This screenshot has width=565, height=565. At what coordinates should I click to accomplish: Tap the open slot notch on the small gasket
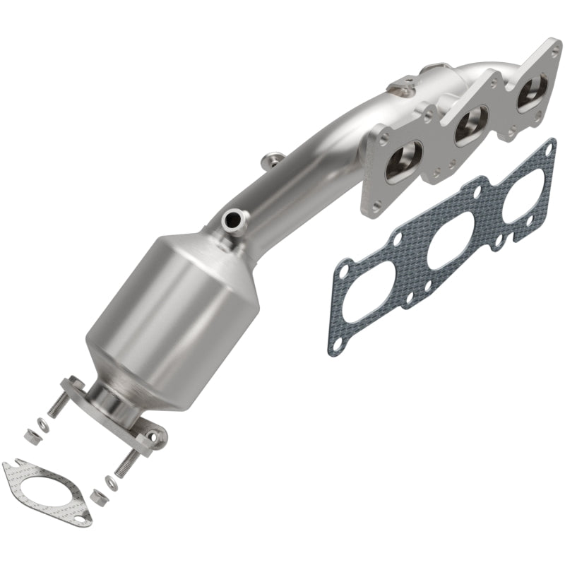tap(9, 468)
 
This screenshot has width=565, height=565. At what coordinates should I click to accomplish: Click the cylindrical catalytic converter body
tap(169, 304)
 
